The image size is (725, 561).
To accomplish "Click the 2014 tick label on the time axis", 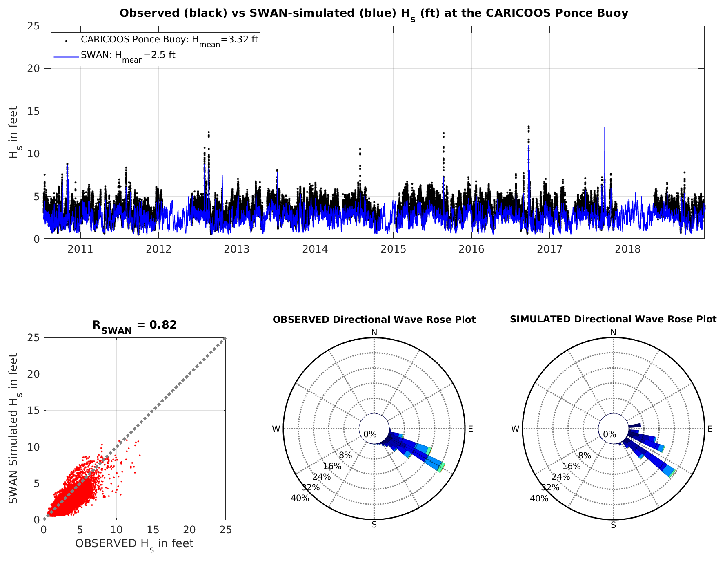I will tap(315, 248).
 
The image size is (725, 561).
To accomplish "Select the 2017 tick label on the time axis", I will tap(549, 248).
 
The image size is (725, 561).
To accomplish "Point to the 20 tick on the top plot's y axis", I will tap(34, 69).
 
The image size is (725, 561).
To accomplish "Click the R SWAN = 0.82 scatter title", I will tap(134, 326).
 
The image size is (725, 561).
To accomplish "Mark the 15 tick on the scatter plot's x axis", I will tap(153, 530).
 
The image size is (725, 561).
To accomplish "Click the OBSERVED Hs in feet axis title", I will tap(134, 544).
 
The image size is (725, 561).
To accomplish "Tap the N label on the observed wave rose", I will tap(374, 333).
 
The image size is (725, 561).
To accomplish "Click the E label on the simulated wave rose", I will tap(710, 429).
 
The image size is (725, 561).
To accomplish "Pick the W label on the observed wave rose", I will tap(276, 429).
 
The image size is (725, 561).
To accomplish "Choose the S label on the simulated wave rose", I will tap(613, 525).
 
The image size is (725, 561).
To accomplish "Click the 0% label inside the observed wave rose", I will tap(370, 434).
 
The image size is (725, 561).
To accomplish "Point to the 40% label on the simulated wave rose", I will tap(539, 498).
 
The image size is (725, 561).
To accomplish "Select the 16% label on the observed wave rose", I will tap(332, 466).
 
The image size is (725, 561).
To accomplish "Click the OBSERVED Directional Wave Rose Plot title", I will tap(374, 320).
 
